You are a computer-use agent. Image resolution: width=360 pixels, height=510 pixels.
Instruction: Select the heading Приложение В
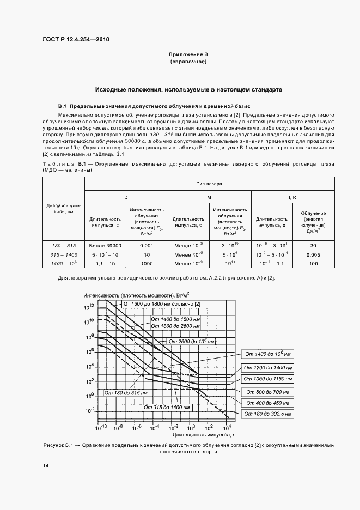(x=188, y=55)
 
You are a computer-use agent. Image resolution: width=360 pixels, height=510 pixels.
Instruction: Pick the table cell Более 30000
(x=105, y=246)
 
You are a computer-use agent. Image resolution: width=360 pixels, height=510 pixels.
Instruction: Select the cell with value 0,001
(x=147, y=246)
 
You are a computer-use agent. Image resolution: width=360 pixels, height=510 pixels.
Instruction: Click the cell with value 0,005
(x=313, y=254)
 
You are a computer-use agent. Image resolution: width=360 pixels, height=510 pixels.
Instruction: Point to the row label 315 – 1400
(x=64, y=254)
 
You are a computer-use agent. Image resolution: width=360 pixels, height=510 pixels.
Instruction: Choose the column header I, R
(x=292, y=197)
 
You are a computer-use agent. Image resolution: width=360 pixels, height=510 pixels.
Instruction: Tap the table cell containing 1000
(x=147, y=263)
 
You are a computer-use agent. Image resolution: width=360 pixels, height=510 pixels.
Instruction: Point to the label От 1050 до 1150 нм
(x=267, y=378)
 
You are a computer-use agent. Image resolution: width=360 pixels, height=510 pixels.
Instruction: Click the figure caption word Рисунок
(x=53, y=445)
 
